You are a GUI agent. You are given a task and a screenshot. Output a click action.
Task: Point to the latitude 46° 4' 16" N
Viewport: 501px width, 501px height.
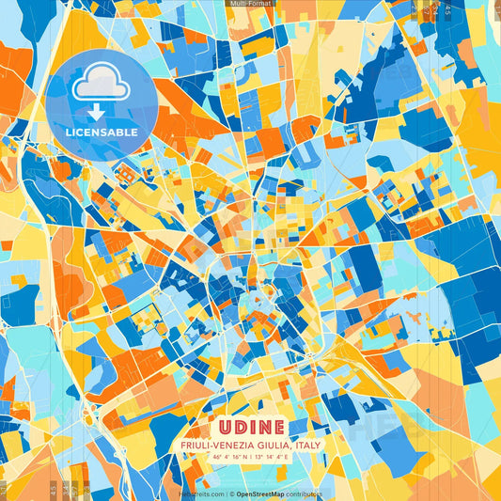pyautogui.click(x=227, y=458)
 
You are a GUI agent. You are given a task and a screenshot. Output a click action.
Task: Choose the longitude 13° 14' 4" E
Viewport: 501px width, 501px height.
pyautogui.click(x=277, y=458)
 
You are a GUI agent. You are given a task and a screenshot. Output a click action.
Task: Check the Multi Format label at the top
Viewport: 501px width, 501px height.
pyautogui.click(x=250, y=4)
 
